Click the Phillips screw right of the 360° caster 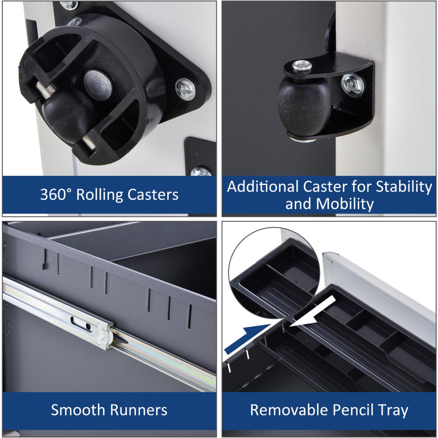185,89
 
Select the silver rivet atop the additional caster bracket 301,66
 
